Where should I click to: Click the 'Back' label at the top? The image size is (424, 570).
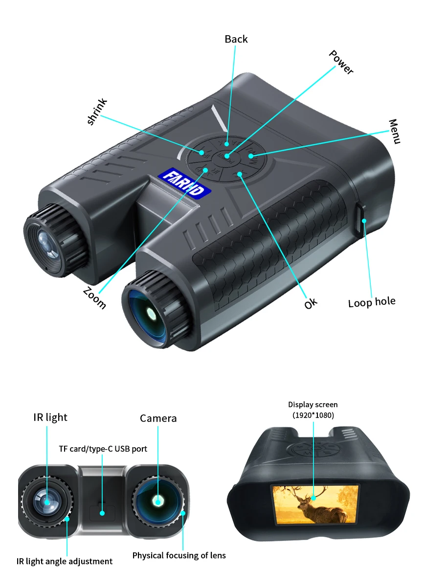click(x=236, y=39)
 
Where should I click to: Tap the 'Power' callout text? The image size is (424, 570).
click(x=341, y=62)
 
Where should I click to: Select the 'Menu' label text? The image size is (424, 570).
click(x=395, y=131)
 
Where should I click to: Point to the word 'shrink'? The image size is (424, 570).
click(x=97, y=112)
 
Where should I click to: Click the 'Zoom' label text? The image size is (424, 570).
click(x=94, y=297)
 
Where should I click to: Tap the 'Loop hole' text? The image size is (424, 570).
click(x=371, y=302)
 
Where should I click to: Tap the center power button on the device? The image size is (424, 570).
click(x=228, y=156)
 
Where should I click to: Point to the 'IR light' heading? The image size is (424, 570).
click(x=50, y=417)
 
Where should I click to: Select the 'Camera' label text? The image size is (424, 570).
click(x=158, y=418)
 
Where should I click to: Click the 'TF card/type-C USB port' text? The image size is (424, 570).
click(x=103, y=449)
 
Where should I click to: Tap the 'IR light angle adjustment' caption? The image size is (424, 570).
click(x=65, y=561)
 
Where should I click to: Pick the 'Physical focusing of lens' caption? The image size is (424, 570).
click(x=179, y=555)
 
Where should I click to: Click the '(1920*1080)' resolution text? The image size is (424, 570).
click(x=313, y=415)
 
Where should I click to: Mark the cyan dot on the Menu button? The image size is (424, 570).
click(x=251, y=156)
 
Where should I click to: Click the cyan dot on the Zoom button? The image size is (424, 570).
click(x=205, y=170)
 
